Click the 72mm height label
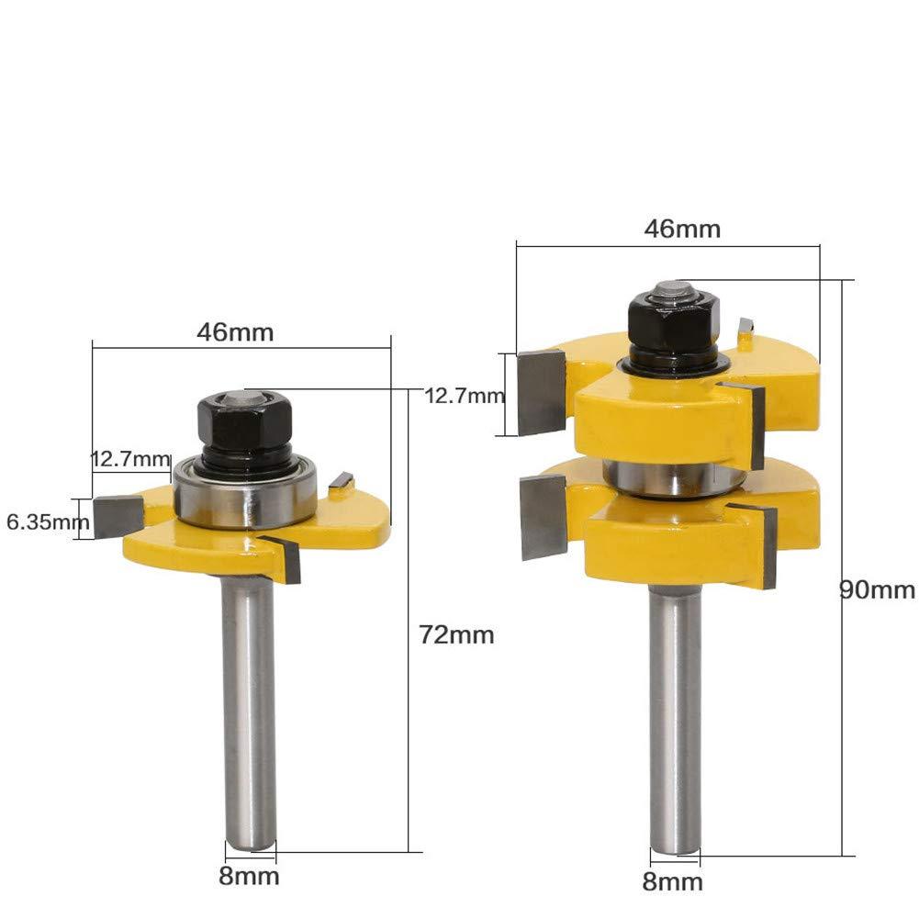(x=455, y=634)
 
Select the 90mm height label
(x=878, y=589)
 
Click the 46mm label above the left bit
(x=235, y=331)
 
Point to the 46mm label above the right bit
(x=682, y=229)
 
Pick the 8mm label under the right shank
(x=675, y=883)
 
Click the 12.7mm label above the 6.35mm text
(x=131, y=458)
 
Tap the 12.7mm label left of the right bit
(x=465, y=396)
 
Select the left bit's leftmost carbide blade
(x=117, y=515)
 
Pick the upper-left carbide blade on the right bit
(x=541, y=393)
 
